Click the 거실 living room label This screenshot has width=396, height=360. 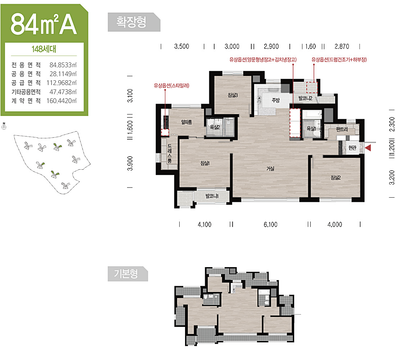click(x=270, y=168)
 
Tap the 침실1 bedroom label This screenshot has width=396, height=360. click(x=205, y=163)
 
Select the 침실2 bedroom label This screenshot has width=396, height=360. click(x=336, y=177)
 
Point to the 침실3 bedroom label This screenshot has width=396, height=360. click(x=233, y=95)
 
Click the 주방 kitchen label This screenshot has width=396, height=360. click(x=275, y=100)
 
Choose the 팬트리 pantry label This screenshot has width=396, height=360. click(x=342, y=129)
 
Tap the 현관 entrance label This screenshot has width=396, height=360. click(x=352, y=148)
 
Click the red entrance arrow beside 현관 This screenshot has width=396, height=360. click(x=368, y=148)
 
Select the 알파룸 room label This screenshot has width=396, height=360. click(x=186, y=122)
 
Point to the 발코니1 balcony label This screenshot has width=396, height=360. click(x=212, y=196)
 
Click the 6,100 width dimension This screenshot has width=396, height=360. click(x=270, y=225)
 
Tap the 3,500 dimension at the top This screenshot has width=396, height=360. click(x=181, y=46)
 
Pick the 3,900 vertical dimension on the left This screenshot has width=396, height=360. click(x=130, y=163)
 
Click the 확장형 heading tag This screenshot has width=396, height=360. click(x=134, y=22)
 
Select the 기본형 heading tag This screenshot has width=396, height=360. click(x=127, y=274)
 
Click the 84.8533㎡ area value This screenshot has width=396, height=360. click(x=63, y=65)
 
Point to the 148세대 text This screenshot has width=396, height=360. click(x=44, y=49)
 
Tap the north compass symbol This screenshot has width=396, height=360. click(x=4, y=126)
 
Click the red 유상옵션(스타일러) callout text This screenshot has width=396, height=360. click(x=171, y=86)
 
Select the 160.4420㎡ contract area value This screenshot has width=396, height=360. click(x=61, y=101)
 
